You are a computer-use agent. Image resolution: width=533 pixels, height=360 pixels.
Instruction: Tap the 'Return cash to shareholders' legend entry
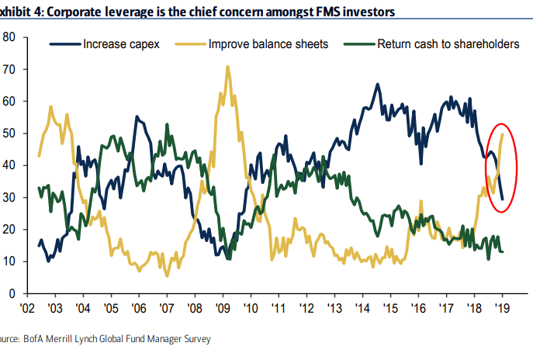point(445,43)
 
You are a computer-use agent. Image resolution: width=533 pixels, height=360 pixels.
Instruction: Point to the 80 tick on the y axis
point(9,36)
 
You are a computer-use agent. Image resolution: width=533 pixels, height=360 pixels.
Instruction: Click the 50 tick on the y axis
point(9,133)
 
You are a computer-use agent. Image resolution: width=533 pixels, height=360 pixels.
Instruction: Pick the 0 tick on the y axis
point(12,294)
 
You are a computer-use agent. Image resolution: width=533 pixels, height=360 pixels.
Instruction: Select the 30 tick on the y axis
point(9,197)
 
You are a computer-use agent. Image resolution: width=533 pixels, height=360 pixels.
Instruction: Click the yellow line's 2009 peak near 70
point(227,67)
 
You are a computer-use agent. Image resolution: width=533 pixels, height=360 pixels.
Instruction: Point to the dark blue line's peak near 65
point(378,85)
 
